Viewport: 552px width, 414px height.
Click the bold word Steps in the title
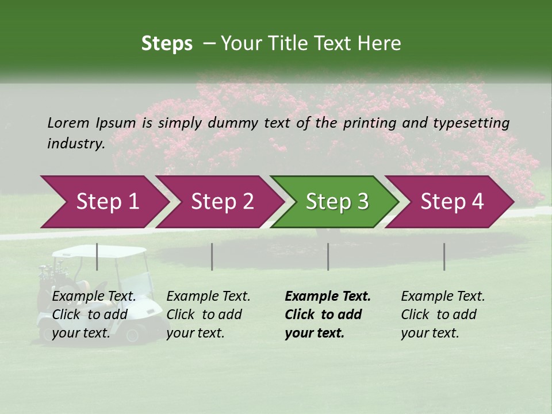(167, 43)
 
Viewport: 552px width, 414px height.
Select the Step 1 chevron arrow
(103, 201)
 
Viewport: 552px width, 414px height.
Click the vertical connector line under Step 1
(97, 256)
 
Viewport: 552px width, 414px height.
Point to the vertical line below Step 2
(212, 256)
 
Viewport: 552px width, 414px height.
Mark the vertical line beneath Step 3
(328, 256)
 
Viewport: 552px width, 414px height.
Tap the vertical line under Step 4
(444, 256)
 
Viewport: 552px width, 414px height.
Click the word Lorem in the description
(68, 122)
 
